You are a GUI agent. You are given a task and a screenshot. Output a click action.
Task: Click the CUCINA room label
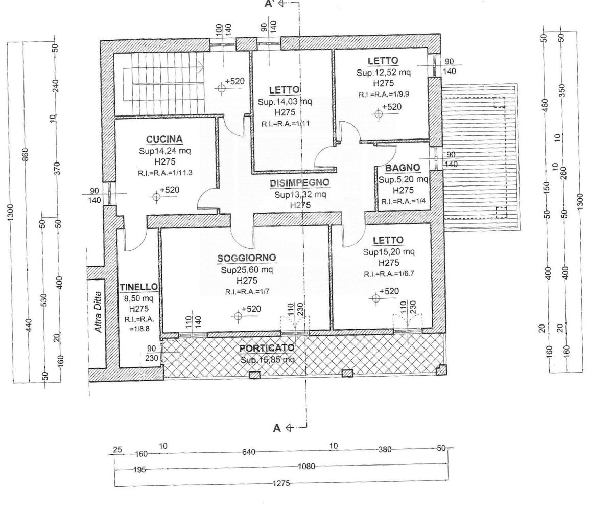(x=164, y=139)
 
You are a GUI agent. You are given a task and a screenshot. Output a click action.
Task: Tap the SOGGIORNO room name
(x=247, y=258)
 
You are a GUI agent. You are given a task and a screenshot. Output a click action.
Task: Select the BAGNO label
(x=403, y=168)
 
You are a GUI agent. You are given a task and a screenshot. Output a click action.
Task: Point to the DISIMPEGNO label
(x=300, y=182)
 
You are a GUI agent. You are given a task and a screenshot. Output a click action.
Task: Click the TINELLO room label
(x=138, y=287)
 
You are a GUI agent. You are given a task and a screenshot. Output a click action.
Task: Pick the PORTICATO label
(x=267, y=349)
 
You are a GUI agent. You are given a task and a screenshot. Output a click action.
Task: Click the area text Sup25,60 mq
(x=247, y=270)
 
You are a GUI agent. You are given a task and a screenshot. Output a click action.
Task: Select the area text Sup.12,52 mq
(x=384, y=73)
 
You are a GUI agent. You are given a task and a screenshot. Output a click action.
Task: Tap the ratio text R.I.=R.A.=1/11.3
(x=165, y=173)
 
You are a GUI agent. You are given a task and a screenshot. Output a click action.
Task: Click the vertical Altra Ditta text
(x=99, y=312)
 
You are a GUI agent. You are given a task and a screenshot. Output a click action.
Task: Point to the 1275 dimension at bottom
(x=281, y=483)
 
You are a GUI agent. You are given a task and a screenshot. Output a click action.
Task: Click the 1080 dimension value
(x=306, y=466)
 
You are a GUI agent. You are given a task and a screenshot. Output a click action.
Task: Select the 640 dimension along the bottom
(x=249, y=452)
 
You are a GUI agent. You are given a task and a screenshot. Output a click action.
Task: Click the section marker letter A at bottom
(x=277, y=429)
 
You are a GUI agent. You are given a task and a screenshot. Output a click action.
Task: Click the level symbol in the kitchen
(x=156, y=197)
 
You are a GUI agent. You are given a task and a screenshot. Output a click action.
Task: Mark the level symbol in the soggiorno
(x=238, y=316)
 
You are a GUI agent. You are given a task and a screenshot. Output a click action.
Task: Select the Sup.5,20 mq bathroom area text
(x=403, y=179)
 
